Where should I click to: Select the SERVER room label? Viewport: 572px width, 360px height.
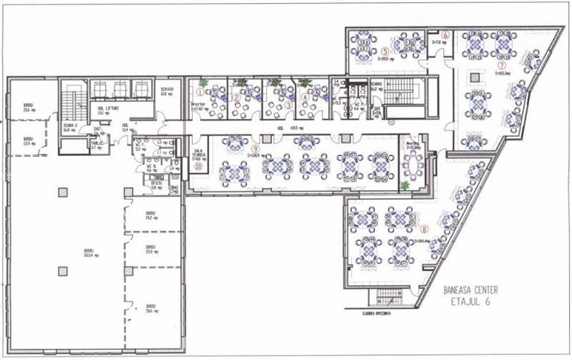tap(167, 91)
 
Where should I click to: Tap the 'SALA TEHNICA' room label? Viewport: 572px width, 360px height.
tap(198, 155)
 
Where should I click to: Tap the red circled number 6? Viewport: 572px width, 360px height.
tap(446, 35)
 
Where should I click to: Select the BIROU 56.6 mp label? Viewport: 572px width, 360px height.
tap(151, 308)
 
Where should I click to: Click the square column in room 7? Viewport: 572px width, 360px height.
tap(475, 77)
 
